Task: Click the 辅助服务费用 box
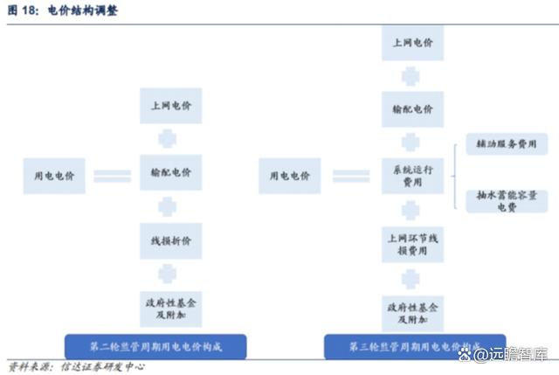[506, 142]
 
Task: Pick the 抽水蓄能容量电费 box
[507, 202]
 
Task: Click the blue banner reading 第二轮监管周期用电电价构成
[156, 346]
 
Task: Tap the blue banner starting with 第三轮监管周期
[415, 346]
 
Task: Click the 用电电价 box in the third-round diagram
[286, 176]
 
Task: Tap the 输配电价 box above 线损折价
[170, 171]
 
